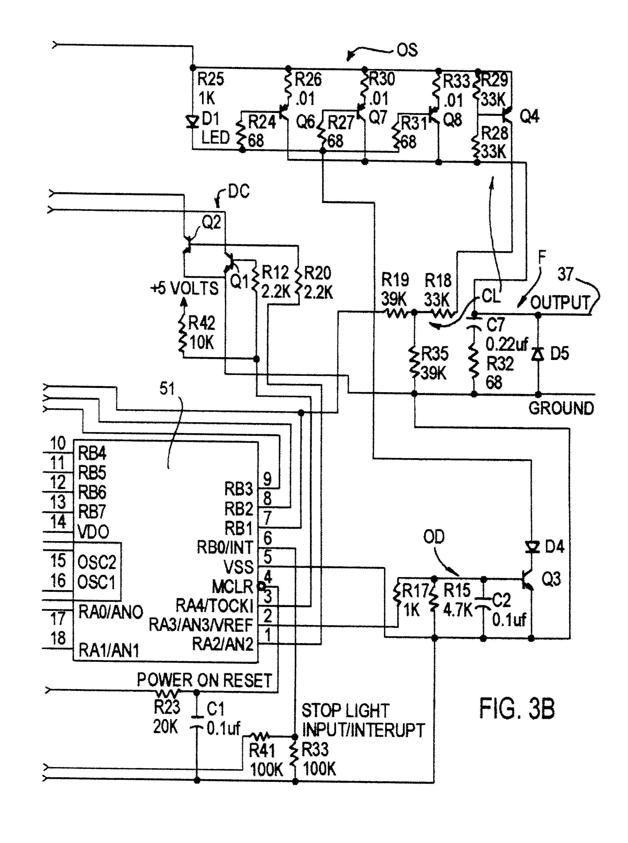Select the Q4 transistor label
click(529, 116)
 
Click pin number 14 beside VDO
click(58, 522)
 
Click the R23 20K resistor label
click(166, 716)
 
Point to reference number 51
click(167, 389)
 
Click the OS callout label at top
click(407, 50)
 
